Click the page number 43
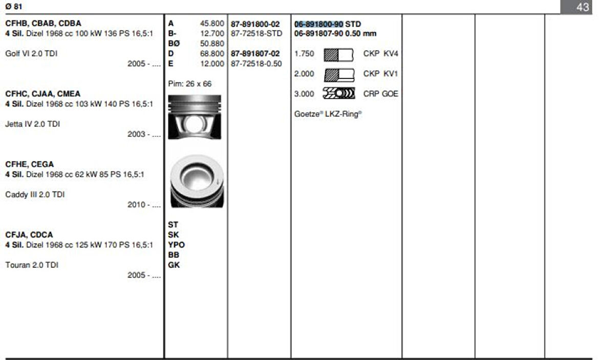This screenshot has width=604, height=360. point(583,7)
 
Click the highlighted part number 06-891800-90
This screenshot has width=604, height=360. point(318,24)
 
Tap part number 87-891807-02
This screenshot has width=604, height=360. point(255,53)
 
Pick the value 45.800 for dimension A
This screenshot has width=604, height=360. point(212,24)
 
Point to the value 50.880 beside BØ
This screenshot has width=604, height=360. point(212,44)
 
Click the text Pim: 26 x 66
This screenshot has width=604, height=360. point(189,83)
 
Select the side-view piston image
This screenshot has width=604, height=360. point(195,117)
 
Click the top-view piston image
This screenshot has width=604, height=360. point(197,181)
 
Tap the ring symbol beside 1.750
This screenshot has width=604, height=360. point(339,54)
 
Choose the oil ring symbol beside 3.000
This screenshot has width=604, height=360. point(339,94)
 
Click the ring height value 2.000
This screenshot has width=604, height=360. point(304,74)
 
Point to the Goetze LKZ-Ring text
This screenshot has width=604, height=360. point(328,114)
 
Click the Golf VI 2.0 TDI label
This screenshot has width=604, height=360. point(31,53)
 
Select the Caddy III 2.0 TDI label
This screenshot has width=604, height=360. point(35,195)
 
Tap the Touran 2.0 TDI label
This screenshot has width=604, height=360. point(32,265)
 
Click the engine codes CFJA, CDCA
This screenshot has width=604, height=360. point(29,235)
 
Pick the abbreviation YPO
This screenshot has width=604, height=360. point(176,245)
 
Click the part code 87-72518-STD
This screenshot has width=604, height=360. point(256,33)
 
